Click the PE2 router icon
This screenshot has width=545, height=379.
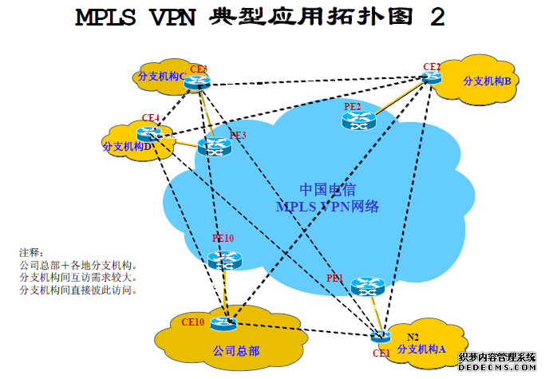tap(358, 120)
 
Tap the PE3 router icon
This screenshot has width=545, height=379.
tap(214, 146)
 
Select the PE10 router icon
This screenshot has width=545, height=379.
tap(223, 259)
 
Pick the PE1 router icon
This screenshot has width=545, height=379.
tap(368, 286)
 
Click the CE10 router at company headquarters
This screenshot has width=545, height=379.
tap(224, 323)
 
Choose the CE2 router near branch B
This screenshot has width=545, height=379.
tap(432, 77)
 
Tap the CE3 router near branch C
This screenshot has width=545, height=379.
tap(198, 80)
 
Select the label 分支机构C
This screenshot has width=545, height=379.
tap(162, 76)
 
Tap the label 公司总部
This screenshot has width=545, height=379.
tap(236, 350)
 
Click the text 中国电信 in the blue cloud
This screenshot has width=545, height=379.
tap(327, 190)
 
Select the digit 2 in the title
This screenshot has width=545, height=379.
tap(437, 18)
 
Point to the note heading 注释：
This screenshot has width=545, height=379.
tap(34, 253)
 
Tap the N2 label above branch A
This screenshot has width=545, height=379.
tap(413, 336)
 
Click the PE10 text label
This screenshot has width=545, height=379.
tap(223, 238)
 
